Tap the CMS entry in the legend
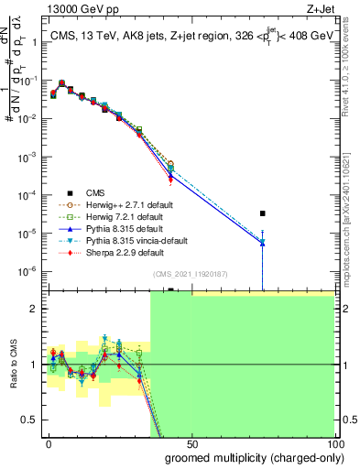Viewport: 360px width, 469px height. (95, 192)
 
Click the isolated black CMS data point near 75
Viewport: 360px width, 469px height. (263, 213)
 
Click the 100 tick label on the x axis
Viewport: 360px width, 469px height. (333, 442)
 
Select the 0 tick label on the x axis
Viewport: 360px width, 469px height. (49, 442)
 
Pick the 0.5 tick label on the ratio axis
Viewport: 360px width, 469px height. (29, 420)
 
